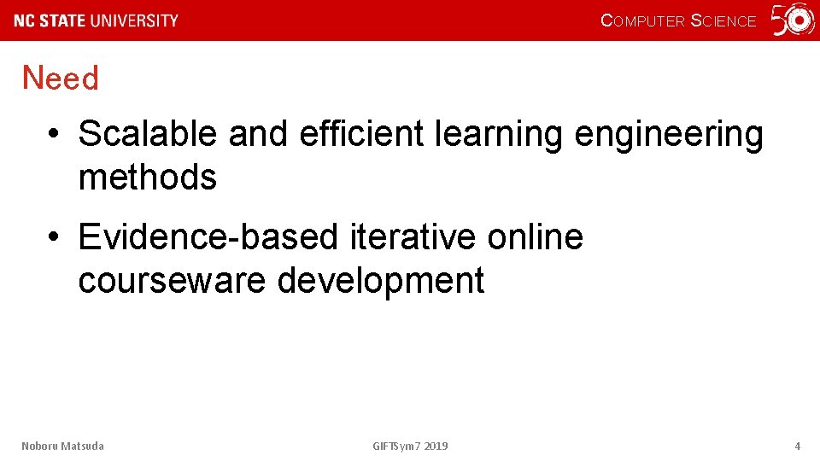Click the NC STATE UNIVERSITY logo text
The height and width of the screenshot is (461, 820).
click(97, 20)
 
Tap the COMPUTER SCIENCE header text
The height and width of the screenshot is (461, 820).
click(678, 20)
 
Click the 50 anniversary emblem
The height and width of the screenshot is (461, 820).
click(794, 20)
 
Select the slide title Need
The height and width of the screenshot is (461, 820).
click(61, 79)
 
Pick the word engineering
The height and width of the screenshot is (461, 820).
click(669, 134)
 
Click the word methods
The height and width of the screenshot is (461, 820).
click(147, 178)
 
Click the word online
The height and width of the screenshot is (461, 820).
click(535, 236)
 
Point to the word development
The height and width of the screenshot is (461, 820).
click(381, 280)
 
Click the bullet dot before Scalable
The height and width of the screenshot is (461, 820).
click(54, 135)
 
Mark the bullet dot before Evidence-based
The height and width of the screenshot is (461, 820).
click(54, 237)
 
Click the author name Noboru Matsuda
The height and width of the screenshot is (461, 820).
click(62, 446)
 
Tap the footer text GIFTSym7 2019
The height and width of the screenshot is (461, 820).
click(410, 446)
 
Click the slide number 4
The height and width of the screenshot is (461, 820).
click(797, 446)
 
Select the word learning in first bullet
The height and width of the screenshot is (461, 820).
click(499, 134)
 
